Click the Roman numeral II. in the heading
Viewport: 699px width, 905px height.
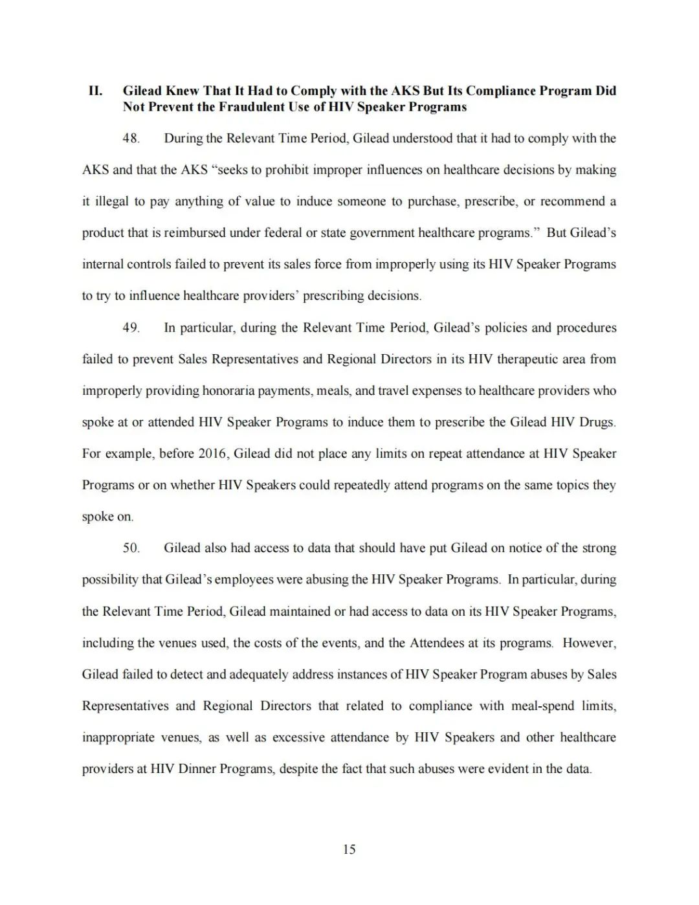(95, 91)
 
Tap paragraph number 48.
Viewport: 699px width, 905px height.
(131, 139)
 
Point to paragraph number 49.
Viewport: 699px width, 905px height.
(131, 328)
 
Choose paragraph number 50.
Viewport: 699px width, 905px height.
(131, 548)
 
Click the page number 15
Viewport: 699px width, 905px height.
(349, 849)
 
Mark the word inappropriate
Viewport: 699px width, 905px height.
(118, 737)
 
